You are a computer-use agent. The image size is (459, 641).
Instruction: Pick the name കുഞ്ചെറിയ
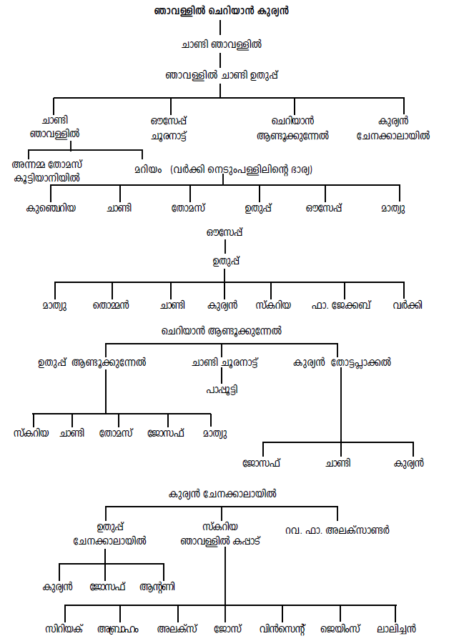click(51, 209)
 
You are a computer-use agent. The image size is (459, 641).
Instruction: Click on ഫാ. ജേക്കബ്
click(343, 305)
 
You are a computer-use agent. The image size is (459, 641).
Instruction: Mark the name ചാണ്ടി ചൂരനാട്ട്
click(225, 362)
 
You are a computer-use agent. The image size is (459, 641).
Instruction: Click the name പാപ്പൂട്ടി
click(222, 390)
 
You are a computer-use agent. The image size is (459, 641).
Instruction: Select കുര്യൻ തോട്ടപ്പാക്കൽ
click(342, 362)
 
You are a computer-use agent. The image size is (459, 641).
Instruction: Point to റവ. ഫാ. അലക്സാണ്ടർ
click(337, 530)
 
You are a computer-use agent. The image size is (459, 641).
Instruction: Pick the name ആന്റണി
click(159, 587)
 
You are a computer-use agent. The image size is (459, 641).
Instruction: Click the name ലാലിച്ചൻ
click(396, 629)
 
